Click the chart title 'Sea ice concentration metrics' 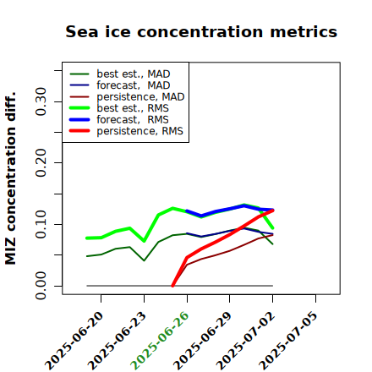[201, 31]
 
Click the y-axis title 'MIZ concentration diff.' [10, 178]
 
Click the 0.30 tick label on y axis [41, 101]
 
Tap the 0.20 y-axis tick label [41, 163]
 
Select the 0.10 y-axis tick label [41, 224]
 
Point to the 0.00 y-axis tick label [41, 286]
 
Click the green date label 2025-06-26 [160, 341]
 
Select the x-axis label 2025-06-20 [74, 341]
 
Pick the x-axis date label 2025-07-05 [288, 341]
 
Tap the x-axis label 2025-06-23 [117, 341]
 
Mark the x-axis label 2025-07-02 [245, 341]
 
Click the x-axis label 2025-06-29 [202, 341]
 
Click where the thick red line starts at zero [172, 286]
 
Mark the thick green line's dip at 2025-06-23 [144, 241]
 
